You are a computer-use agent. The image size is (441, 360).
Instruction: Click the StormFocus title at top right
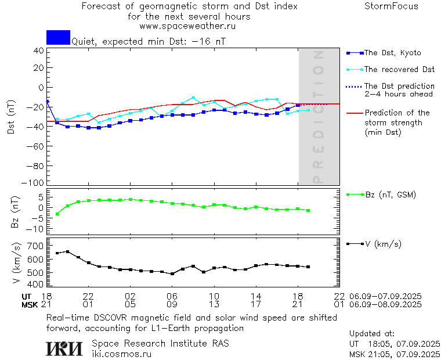pyautogui.click(x=391, y=6)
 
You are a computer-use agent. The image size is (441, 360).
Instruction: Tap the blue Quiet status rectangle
pyautogui.click(x=58, y=37)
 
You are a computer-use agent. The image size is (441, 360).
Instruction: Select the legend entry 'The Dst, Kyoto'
pyautogui.click(x=392, y=53)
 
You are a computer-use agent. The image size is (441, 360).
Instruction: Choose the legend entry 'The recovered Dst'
pyautogui.click(x=399, y=70)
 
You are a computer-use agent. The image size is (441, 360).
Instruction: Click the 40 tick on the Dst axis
pyautogui.click(x=39, y=51)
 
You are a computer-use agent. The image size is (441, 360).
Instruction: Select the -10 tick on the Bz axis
pyautogui.click(x=37, y=229)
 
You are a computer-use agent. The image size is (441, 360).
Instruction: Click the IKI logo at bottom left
pyautogui.click(x=66, y=348)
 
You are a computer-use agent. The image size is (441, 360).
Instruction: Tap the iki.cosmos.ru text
pyautogui.click(x=122, y=354)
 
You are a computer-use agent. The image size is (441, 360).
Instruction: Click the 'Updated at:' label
pyautogui.click(x=372, y=333)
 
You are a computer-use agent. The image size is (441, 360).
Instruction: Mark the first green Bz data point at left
pyautogui.click(x=57, y=214)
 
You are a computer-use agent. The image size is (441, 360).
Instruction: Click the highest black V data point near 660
pyautogui.click(x=67, y=251)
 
